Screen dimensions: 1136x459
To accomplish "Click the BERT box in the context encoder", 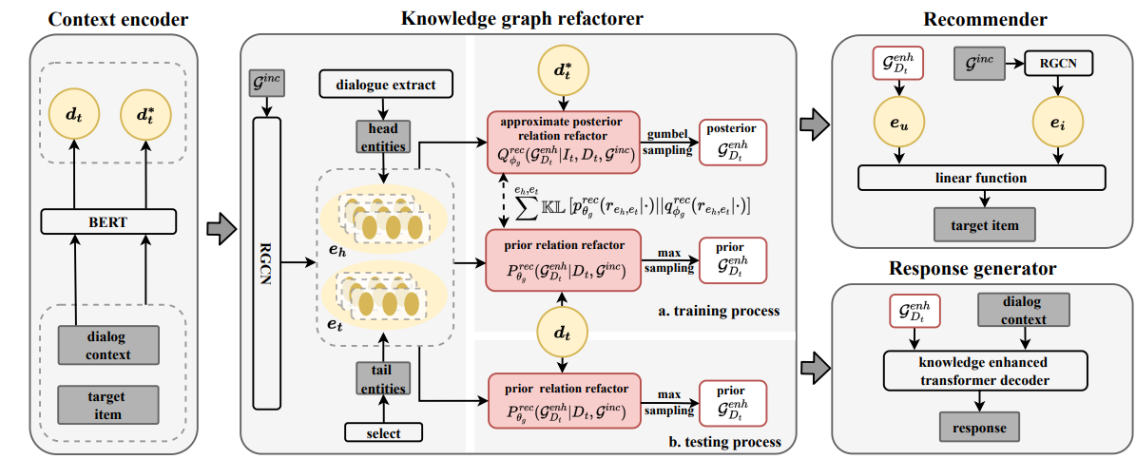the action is (108, 222).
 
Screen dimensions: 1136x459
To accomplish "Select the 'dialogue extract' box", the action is (385, 84).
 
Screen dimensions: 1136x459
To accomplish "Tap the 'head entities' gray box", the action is (382, 135).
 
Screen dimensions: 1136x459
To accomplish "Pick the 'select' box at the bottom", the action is (382, 433).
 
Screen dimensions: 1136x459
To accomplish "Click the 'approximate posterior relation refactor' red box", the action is (564, 142).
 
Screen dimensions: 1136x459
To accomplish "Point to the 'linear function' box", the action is (981, 178).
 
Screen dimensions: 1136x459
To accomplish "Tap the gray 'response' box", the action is (979, 427).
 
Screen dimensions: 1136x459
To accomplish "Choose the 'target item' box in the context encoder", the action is (108, 405).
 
